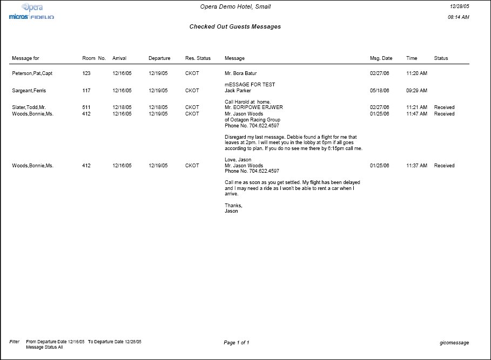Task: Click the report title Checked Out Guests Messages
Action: tap(235, 26)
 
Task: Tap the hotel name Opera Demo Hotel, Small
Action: tap(236, 6)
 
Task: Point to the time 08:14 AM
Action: tap(459, 17)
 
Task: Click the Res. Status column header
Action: tap(198, 58)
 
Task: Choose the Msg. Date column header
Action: tap(381, 58)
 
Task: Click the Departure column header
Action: tap(159, 58)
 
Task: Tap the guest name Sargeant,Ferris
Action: tap(29, 91)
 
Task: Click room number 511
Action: tap(86, 107)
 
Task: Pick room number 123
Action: tap(86, 73)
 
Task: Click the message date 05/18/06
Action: tap(380, 91)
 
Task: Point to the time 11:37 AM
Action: tap(416, 166)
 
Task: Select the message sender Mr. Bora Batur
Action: tap(241, 73)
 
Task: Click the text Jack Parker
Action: tap(238, 91)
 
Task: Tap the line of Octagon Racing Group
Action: tap(252, 120)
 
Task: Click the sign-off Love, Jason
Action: tap(238, 160)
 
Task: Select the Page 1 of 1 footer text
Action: tap(236, 343)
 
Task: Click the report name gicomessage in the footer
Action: tap(455, 343)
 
